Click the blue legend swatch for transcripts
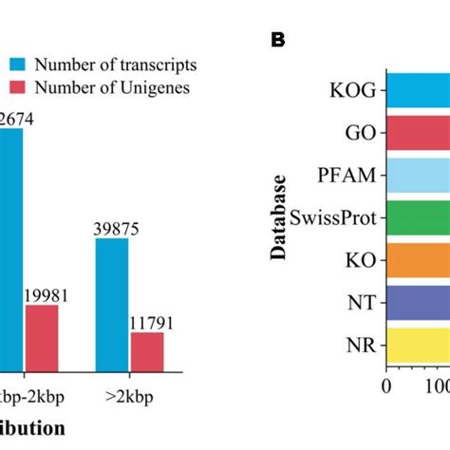point(17,65)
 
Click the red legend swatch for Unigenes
point(17,89)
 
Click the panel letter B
point(279,39)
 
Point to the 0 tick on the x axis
point(385,386)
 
